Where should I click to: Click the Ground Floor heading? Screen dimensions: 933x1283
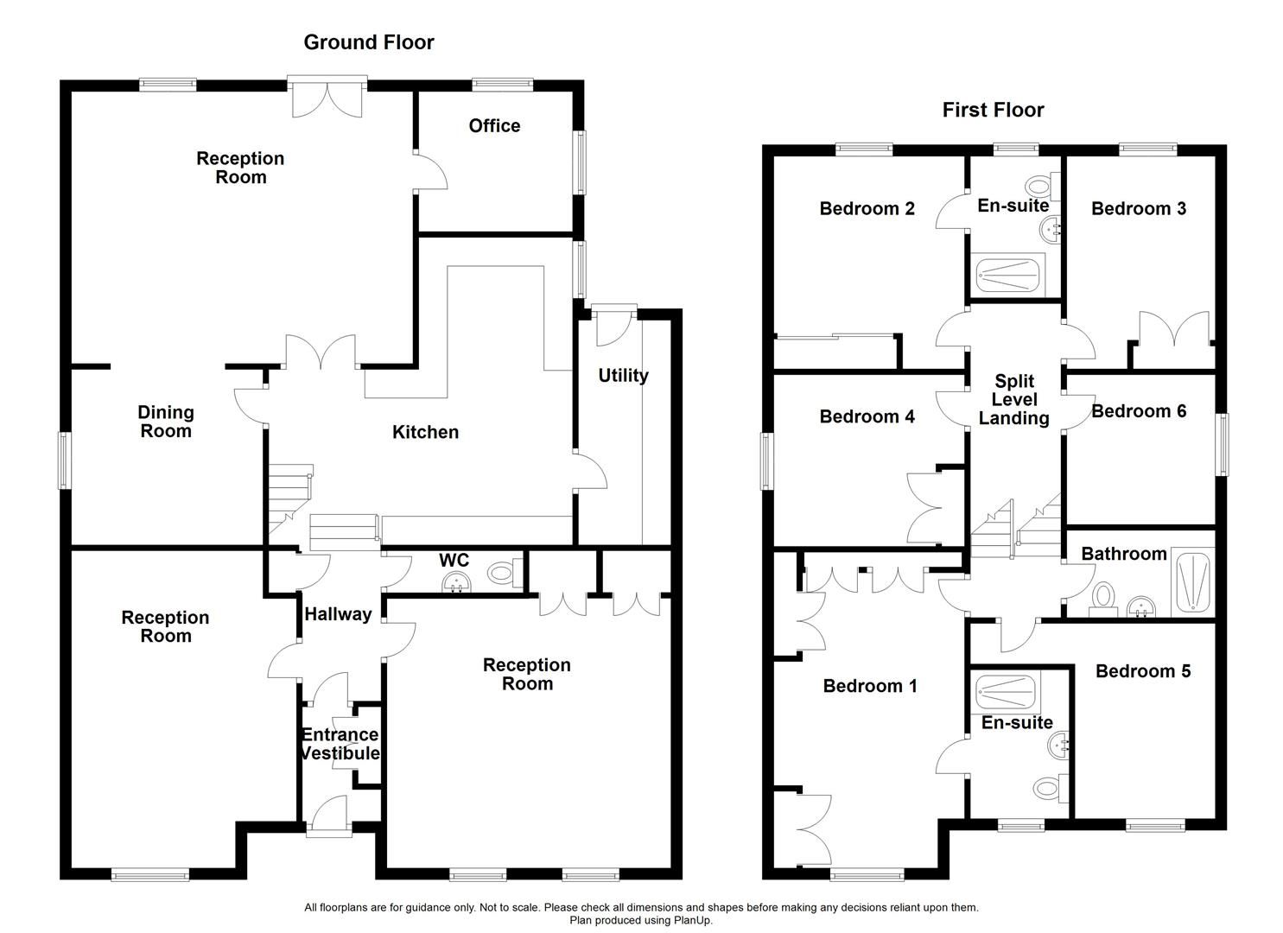(x=368, y=42)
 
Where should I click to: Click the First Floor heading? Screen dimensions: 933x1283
(x=993, y=110)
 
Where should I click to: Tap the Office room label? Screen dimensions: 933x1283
(x=494, y=126)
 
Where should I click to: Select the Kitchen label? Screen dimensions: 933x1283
(x=425, y=432)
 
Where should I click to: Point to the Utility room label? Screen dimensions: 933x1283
(x=623, y=376)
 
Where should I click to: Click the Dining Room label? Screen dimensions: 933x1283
(x=166, y=422)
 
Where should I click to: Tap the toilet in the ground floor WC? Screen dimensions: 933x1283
(x=504, y=572)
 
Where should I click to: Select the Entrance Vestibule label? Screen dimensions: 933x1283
(x=340, y=744)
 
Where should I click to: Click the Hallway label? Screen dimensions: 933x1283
(x=338, y=614)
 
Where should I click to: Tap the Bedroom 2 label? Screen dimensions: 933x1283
(x=867, y=208)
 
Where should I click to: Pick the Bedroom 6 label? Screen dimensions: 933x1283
(x=1139, y=411)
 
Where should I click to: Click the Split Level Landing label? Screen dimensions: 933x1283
(x=1013, y=400)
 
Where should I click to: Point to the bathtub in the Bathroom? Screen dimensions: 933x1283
(x=1193, y=584)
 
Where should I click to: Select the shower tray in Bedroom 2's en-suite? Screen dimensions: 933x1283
(x=1010, y=274)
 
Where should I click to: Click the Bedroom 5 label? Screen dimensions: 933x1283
(x=1142, y=671)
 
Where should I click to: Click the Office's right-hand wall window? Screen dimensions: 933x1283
(x=581, y=162)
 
